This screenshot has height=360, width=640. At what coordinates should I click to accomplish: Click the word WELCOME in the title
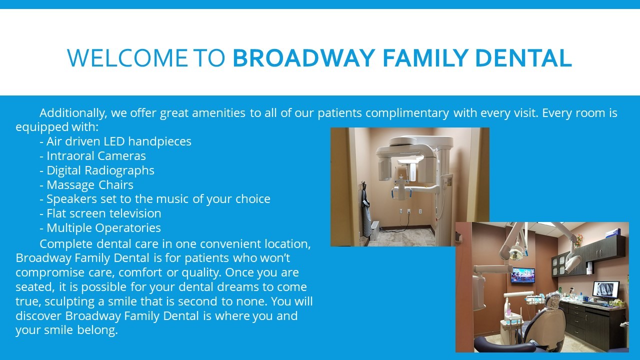(x=127, y=58)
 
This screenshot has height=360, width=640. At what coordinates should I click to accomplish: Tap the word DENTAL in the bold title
(x=523, y=58)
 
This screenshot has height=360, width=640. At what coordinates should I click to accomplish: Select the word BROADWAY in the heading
(x=303, y=58)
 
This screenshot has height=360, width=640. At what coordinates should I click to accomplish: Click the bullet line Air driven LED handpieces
(x=115, y=141)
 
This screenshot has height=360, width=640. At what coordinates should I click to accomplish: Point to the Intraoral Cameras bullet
(x=92, y=156)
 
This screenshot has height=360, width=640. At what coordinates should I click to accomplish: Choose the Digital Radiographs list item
(x=97, y=170)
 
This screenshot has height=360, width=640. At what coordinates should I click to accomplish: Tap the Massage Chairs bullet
(x=86, y=185)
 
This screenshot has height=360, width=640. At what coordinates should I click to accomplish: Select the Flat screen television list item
(x=100, y=213)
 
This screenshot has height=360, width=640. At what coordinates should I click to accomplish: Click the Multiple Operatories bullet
(x=100, y=228)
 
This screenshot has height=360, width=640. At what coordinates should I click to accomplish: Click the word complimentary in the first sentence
(x=407, y=113)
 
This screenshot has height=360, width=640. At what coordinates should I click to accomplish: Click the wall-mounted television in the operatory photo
(x=523, y=275)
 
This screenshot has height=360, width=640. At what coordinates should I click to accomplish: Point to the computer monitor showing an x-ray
(x=606, y=289)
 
